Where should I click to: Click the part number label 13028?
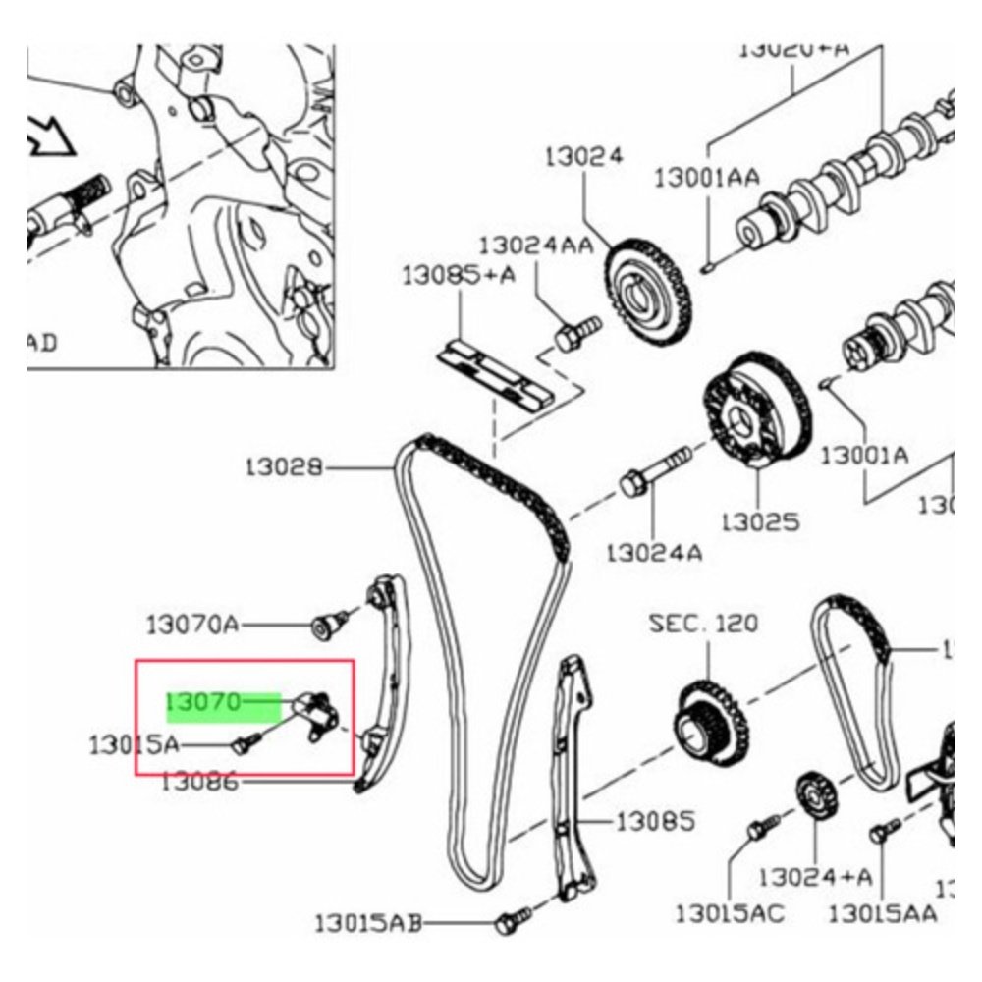click(x=284, y=467)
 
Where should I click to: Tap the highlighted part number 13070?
click(x=203, y=701)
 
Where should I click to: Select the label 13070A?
click(x=192, y=624)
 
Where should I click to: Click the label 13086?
click(x=199, y=783)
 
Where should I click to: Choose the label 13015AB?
click(x=368, y=923)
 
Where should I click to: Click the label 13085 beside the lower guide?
click(x=655, y=820)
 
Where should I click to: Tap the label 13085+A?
click(x=458, y=276)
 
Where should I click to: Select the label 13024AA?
click(x=536, y=245)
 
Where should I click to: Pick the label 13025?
click(x=759, y=520)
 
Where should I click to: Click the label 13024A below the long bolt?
click(x=654, y=552)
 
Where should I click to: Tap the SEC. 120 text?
click(x=703, y=623)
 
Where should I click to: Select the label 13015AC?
click(x=730, y=914)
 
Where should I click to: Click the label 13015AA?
click(x=882, y=914)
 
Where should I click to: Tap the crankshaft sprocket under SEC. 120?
click(x=711, y=722)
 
